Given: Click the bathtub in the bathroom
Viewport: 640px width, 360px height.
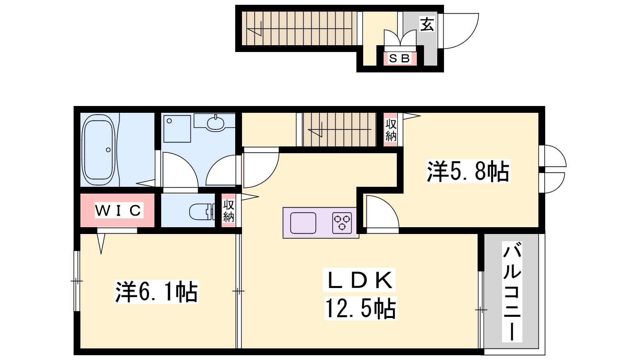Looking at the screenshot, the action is pyautogui.click(x=98, y=150).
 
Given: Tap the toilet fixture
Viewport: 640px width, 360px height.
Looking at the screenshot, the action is pyautogui.click(x=202, y=212).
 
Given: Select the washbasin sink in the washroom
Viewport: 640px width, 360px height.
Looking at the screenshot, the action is pyautogui.click(x=216, y=124).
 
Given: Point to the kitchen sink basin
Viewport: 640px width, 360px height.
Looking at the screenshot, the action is pyautogui.click(x=303, y=223).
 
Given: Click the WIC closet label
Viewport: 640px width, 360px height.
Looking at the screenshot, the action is pyautogui.click(x=118, y=210).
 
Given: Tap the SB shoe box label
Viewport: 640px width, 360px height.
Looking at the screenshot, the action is pyautogui.click(x=400, y=58).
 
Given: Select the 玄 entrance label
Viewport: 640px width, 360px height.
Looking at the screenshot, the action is pyautogui.click(x=427, y=24).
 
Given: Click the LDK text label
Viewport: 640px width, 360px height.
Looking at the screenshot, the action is pyautogui.click(x=360, y=280).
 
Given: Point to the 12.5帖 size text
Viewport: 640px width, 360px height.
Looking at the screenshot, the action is pyautogui.click(x=360, y=308).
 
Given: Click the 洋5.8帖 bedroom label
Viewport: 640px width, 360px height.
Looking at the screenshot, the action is pyautogui.click(x=468, y=171).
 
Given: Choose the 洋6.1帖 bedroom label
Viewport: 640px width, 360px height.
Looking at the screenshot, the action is pyautogui.click(x=156, y=292).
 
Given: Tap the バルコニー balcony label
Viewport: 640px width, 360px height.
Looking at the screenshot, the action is pyautogui.click(x=512, y=292).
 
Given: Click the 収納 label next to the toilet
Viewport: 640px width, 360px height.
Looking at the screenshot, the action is pyautogui.click(x=228, y=211).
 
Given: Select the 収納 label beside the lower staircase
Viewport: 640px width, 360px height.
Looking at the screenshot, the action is pyautogui.click(x=390, y=130).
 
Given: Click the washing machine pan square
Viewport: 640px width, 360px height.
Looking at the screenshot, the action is pyautogui.click(x=177, y=129).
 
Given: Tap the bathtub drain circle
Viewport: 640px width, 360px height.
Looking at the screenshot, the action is pyautogui.click(x=108, y=150).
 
